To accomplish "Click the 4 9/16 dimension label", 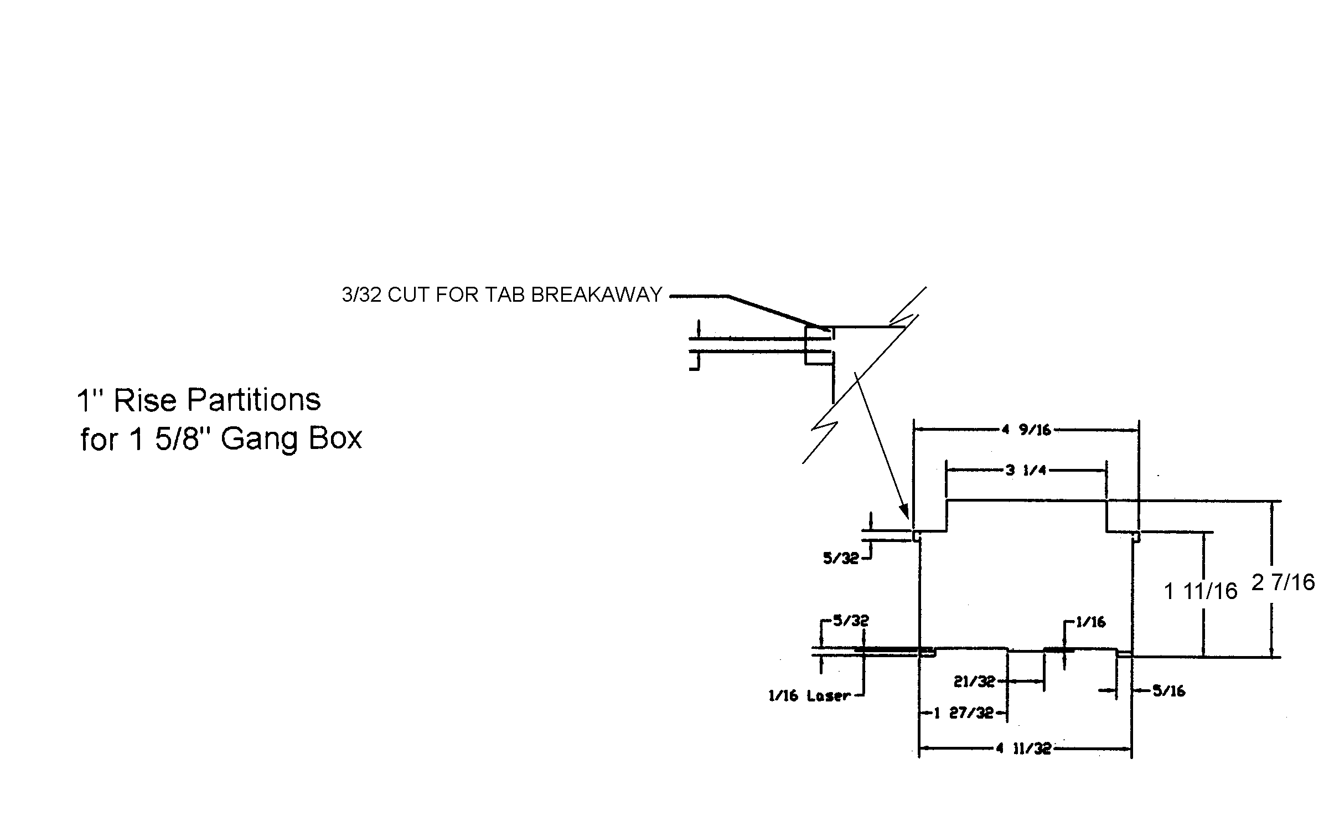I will (1026, 430).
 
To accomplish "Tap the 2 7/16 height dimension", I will (1283, 582).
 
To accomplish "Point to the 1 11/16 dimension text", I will (1201, 592).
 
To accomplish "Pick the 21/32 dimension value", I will (974, 682).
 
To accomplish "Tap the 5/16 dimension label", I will (1168, 691).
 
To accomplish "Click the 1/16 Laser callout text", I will (809, 696).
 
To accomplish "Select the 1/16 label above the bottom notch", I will (1090, 622).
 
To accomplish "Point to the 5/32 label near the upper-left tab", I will (840, 559).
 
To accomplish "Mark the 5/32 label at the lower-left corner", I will (850, 621).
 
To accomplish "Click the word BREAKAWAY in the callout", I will (596, 295).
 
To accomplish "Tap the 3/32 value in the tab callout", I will (361, 295).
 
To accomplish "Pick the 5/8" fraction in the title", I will (175, 439).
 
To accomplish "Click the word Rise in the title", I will (146, 400).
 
